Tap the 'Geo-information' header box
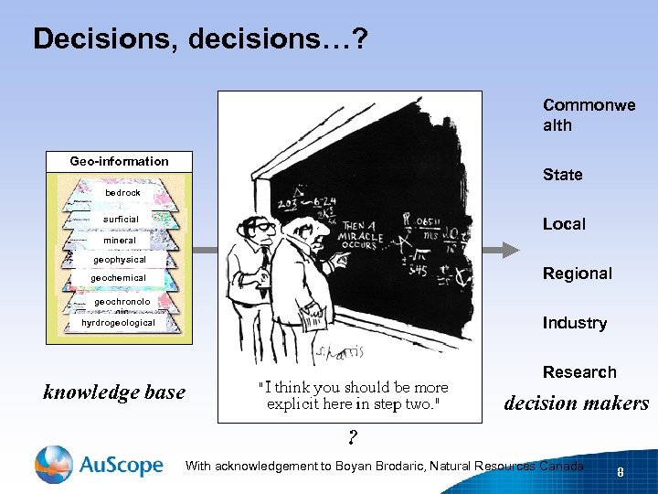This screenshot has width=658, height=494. (x=120, y=161)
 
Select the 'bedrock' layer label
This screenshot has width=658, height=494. (x=122, y=193)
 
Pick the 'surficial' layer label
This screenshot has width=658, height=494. (x=121, y=220)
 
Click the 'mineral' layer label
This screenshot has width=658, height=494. (x=120, y=241)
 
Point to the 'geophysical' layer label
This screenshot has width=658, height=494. (x=120, y=260)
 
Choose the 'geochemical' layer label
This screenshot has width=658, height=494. (x=118, y=278)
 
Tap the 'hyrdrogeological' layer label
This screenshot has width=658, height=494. (x=118, y=323)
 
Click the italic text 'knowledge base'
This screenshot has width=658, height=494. (x=114, y=392)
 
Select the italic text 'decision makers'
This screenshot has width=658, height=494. (x=577, y=403)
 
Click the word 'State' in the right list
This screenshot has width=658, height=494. (x=562, y=175)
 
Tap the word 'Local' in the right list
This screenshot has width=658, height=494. (x=564, y=224)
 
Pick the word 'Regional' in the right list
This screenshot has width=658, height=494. (x=578, y=274)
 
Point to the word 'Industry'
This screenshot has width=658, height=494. (x=574, y=323)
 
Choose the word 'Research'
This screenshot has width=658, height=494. (x=579, y=372)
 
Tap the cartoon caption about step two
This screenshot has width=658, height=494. (x=353, y=395)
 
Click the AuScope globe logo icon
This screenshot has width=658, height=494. (x=53, y=465)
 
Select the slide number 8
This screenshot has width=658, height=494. (x=621, y=473)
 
